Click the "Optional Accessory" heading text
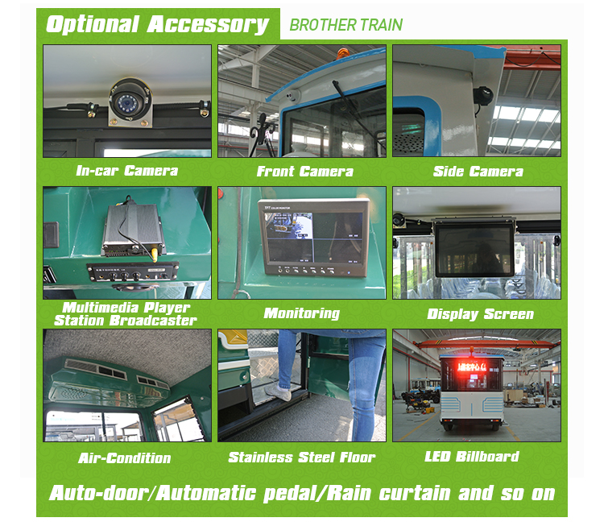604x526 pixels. (x=157, y=23)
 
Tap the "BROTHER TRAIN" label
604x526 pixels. (x=345, y=24)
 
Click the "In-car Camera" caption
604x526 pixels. (x=126, y=171)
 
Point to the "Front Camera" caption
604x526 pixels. (x=304, y=171)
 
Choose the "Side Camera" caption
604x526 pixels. (x=478, y=171)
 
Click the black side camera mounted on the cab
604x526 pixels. (x=485, y=95)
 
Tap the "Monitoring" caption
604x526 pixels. (x=302, y=313)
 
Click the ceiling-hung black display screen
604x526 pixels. (x=475, y=248)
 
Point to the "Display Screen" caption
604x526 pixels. (x=480, y=313)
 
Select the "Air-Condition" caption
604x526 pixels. (x=125, y=458)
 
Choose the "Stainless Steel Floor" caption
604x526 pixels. (x=302, y=457)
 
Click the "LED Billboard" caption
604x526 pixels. (x=471, y=456)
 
